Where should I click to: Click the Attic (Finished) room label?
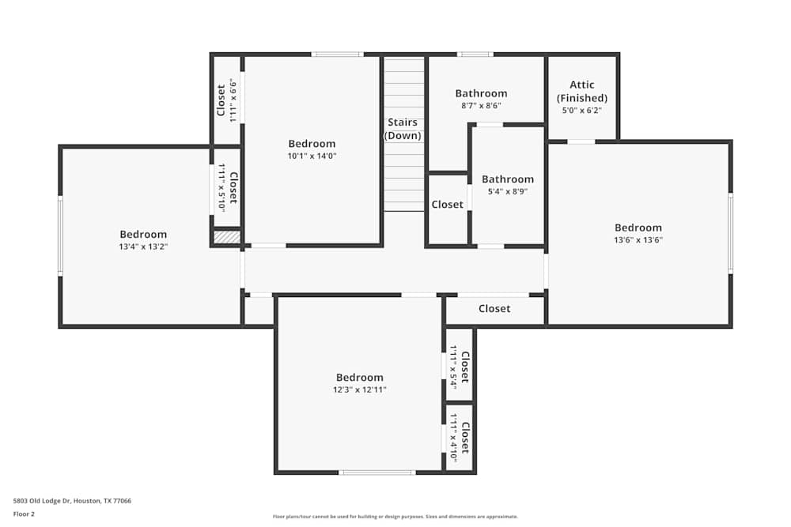pyautogui.click(x=581, y=91)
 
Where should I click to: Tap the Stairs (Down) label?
pyautogui.click(x=403, y=129)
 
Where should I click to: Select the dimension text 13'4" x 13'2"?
pyautogui.click(x=143, y=247)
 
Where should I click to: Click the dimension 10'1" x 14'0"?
pyautogui.click(x=312, y=156)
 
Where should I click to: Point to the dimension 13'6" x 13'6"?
pyautogui.click(x=638, y=240)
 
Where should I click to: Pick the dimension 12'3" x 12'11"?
pyautogui.click(x=359, y=390)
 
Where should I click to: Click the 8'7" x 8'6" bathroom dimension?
pyautogui.click(x=481, y=105)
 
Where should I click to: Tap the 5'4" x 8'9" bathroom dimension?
pyautogui.click(x=508, y=191)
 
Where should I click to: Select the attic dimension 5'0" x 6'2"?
pyautogui.click(x=581, y=111)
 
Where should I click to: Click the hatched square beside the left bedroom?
pyautogui.click(x=227, y=236)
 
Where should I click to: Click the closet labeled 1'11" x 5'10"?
pyautogui.click(x=227, y=187)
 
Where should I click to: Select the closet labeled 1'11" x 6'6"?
pyautogui.click(x=227, y=100)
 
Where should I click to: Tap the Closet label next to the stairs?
pyautogui.click(x=447, y=205)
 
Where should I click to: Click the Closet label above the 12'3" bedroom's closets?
pyautogui.click(x=494, y=309)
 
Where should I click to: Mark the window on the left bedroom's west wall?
pyautogui.click(x=60, y=235)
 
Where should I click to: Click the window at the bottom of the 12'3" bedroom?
pyautogui.click(x=377, y=472)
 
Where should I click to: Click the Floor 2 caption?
pyautogui.click(x=24, y=514)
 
